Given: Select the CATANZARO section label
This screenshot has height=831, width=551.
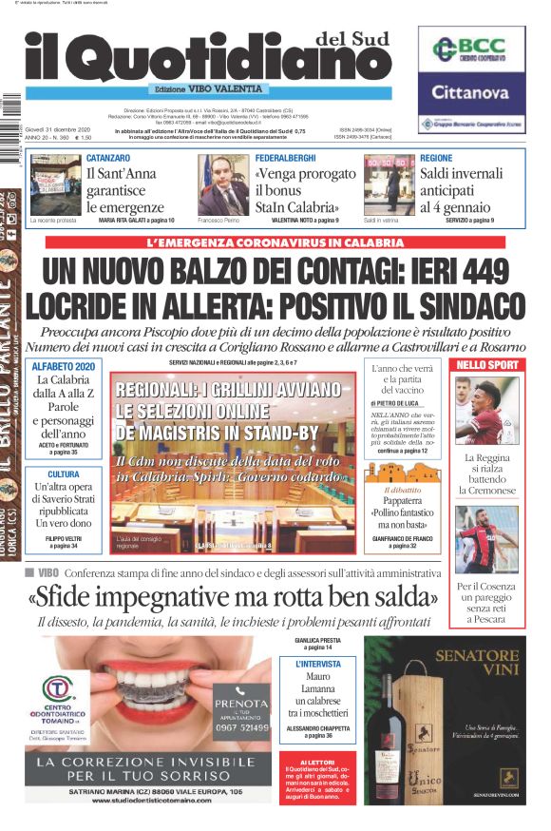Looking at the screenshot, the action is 108,157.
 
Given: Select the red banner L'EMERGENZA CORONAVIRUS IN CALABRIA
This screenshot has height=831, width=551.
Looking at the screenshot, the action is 275,243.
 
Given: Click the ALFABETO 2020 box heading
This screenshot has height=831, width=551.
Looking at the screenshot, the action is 64,366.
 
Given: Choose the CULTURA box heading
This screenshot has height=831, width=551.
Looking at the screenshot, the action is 64,473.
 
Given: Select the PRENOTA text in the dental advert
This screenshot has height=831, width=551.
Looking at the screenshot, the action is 241,705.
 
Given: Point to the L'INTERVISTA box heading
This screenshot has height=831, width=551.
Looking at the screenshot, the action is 319,665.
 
